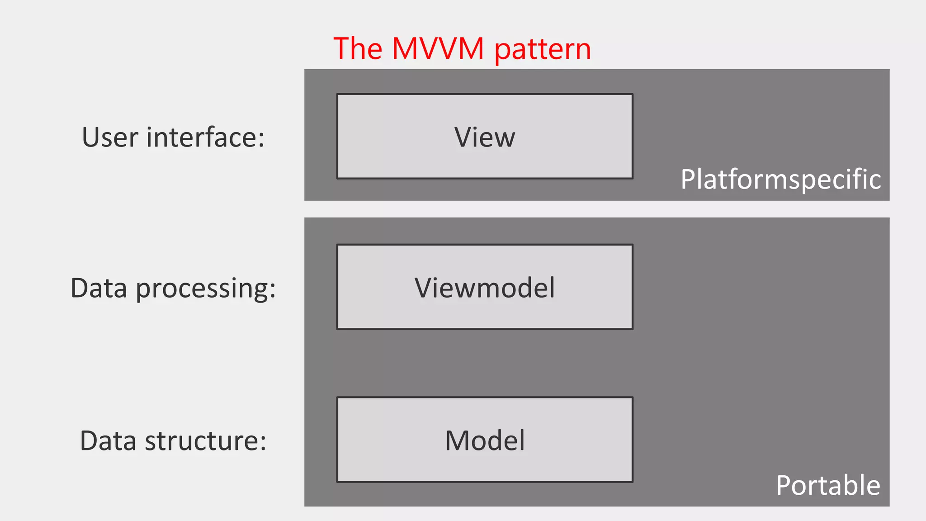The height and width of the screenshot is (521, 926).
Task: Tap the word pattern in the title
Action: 543,50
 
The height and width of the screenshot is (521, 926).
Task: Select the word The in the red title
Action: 358,48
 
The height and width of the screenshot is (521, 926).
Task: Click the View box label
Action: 485,137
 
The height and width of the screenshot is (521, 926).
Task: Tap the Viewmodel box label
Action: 485,288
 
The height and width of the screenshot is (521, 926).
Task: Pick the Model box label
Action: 485,440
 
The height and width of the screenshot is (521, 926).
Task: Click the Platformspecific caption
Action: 781,180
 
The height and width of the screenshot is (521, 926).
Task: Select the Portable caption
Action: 828,485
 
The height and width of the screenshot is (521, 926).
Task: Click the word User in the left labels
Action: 110,137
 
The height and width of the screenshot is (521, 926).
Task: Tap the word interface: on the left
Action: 205,137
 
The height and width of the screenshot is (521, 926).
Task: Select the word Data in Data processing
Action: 99,288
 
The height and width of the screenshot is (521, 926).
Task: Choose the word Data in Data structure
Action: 108,441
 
